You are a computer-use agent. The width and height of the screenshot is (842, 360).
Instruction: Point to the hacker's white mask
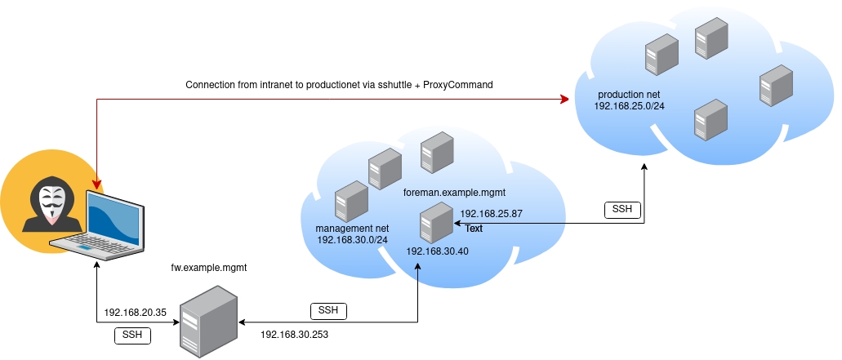pos(51,203)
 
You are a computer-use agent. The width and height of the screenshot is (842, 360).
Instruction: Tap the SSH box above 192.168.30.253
pos(328,310)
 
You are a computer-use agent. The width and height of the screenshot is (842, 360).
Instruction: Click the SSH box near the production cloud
pos(621,210)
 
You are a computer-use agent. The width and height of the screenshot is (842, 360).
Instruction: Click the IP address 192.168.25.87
pos(491,214)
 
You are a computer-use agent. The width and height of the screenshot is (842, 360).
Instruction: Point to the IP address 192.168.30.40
pos(437,251)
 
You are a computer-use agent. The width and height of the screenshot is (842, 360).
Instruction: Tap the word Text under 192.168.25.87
pos(474,229)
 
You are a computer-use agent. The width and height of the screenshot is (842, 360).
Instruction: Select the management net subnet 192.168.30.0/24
pos(353,240)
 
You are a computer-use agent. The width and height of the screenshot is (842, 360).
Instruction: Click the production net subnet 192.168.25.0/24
pos(628,106)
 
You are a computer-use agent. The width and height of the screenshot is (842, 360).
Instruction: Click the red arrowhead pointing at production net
pos(564,100)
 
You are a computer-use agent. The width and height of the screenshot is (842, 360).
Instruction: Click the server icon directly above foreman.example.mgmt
pos(437,152)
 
